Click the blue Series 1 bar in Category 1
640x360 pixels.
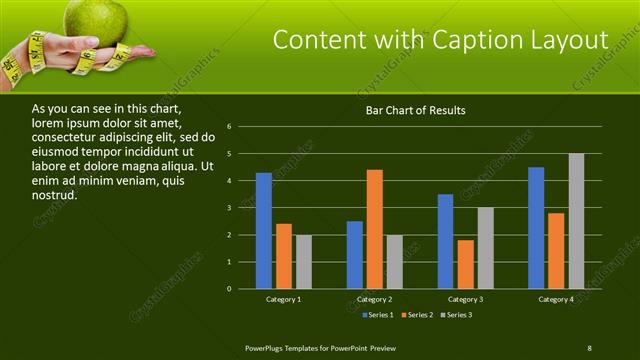click(x=264, y=231)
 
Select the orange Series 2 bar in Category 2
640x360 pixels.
click(x=375, y=229)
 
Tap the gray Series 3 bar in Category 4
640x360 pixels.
click(x=576, y=221)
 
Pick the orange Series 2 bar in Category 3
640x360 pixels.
click(x=465, y=264)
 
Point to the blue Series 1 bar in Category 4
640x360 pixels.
click(x=536, y=228)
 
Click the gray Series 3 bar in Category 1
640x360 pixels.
click(x=304, y=262)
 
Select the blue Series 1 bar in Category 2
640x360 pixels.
click(x=355, y=255)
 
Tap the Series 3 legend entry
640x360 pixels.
click(x=455, y=315)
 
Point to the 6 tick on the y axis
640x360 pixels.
click(x=230, y=127)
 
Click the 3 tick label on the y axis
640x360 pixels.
click(x=230, y=208)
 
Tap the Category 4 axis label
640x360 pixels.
click(x=556, y=299)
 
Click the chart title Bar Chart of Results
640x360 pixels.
click(x=415, y=110)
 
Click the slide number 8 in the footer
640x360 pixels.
click(x=589, y=347)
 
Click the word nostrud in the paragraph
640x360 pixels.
click(x=55, y=194)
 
